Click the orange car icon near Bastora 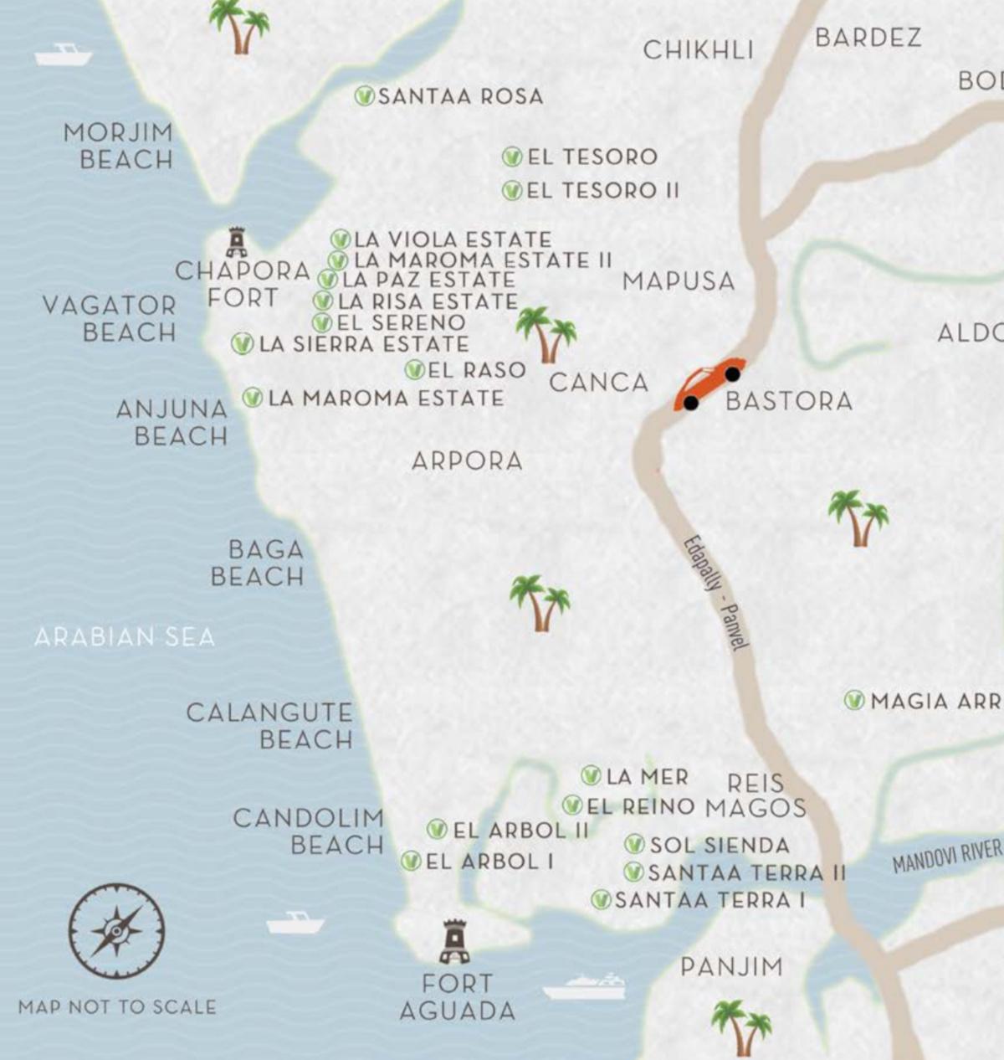pyautogui.click(x=709, y=386)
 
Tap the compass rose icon pyautogui.click(x=116, y=930)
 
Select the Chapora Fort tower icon pyautogui.click(x=237, y=242)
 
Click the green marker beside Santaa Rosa pyautogui.click(x=364, y=96)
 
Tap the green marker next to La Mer pyautogui.click(x=592, y=775)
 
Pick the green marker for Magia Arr pyautogui.click(x=854, y=700)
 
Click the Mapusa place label pyautogui.click(x=679, y=281)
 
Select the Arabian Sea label pyautogui.click(x=125, y=637)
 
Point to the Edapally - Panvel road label pyautogui.click(x=716, y=591)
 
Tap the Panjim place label pyautogui.click(x=731, y=967)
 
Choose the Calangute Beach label pyautogui.click(x=269, y=726)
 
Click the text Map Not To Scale pyautogui.click(x=117, y=1006)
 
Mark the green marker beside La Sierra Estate pyautogui.click(x=242, y=343)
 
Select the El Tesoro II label pyautogui.click(x=602, y=191)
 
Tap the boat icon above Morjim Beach pyautogui.click(x=63, y=55)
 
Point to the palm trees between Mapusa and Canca pyautogui.click(x=546, y=333)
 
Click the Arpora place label pyautogui.click(x=467, y=461)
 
